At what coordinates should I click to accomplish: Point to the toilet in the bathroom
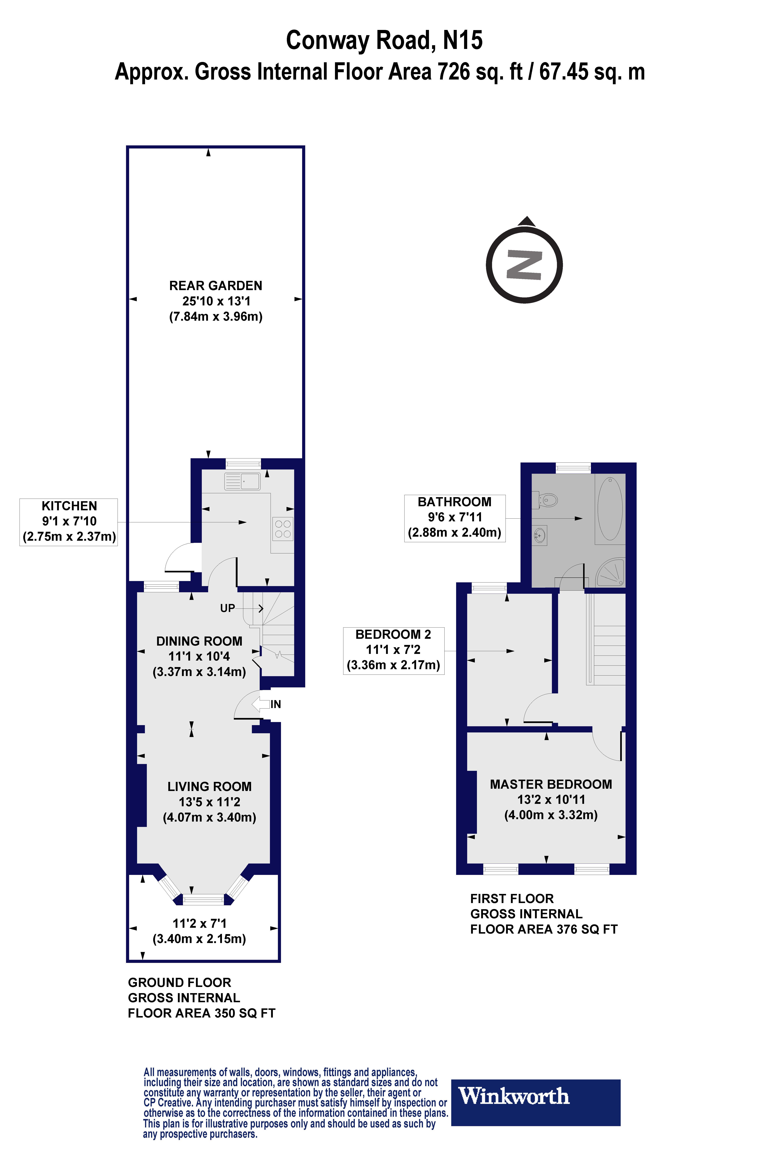[547, 500]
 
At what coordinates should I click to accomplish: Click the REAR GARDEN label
[215, 286]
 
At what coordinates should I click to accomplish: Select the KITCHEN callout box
[69, 522]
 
